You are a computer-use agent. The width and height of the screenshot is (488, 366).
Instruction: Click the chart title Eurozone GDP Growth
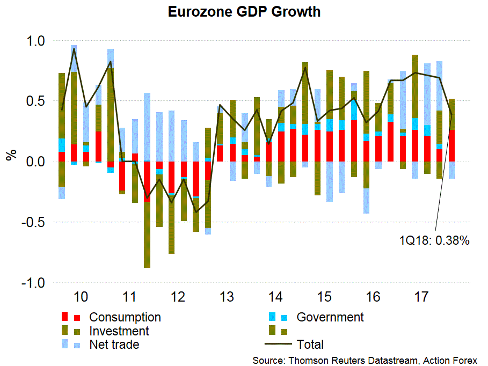(x=244, y=12)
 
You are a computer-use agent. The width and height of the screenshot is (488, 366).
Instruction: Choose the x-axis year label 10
(x=81, y=297)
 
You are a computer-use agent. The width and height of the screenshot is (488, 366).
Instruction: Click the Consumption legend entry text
(x=125, y=317)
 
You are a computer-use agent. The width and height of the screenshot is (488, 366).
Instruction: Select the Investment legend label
(x=119, y=331)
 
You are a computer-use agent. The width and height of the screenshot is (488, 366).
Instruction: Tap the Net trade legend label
(x=114, y=345)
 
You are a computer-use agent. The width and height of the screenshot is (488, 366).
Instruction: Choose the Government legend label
(x=330, y=317)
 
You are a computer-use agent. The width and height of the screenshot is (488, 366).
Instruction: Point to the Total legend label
(x=310, y=345)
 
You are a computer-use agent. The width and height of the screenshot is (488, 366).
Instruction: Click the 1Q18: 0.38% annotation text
(x=434, y=241)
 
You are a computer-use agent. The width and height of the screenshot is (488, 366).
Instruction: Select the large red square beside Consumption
(x=65, y=317)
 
